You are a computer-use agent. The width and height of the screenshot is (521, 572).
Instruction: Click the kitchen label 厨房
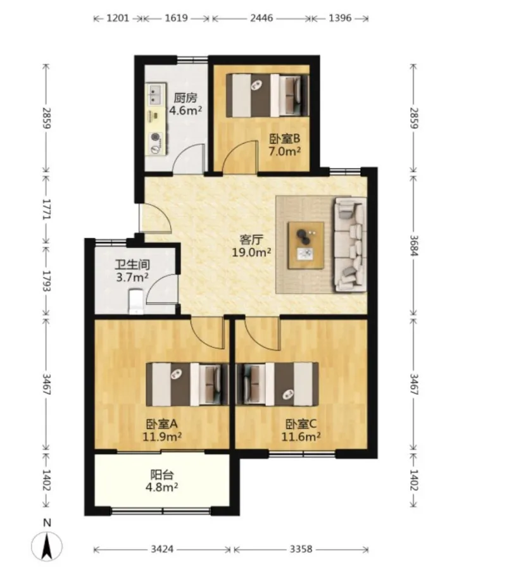point(185,98)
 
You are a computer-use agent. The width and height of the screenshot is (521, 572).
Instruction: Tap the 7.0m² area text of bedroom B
point(285,151)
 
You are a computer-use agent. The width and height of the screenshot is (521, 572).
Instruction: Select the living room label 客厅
point(251,240)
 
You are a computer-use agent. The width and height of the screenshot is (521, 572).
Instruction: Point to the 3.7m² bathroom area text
point(132,278)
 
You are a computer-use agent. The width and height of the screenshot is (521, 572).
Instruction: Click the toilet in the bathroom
point(135,302)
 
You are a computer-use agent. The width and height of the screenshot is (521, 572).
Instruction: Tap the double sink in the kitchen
point(155,94)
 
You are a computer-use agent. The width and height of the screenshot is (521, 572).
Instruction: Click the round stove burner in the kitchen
point(156,137)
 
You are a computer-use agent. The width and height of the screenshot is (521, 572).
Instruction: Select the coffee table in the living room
point(306,245)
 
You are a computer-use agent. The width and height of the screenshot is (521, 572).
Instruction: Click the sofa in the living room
point(351,244)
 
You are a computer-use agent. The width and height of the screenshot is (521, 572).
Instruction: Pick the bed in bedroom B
point(267,96)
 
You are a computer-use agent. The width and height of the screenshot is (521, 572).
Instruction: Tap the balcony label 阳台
point(162,475)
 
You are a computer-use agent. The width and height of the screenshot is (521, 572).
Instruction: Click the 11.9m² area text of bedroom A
point(162,437)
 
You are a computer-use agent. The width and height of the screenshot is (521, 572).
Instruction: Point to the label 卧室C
point(301,424)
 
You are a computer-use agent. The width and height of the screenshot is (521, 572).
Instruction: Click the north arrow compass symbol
point(47,546)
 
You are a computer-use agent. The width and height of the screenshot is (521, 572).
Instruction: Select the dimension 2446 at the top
point(261,18)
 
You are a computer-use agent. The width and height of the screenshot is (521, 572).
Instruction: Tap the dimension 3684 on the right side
point(413,245)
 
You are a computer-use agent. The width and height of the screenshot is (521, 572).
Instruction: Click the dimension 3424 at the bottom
point(162,549)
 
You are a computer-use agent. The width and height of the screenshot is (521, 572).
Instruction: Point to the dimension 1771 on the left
point(46,209)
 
